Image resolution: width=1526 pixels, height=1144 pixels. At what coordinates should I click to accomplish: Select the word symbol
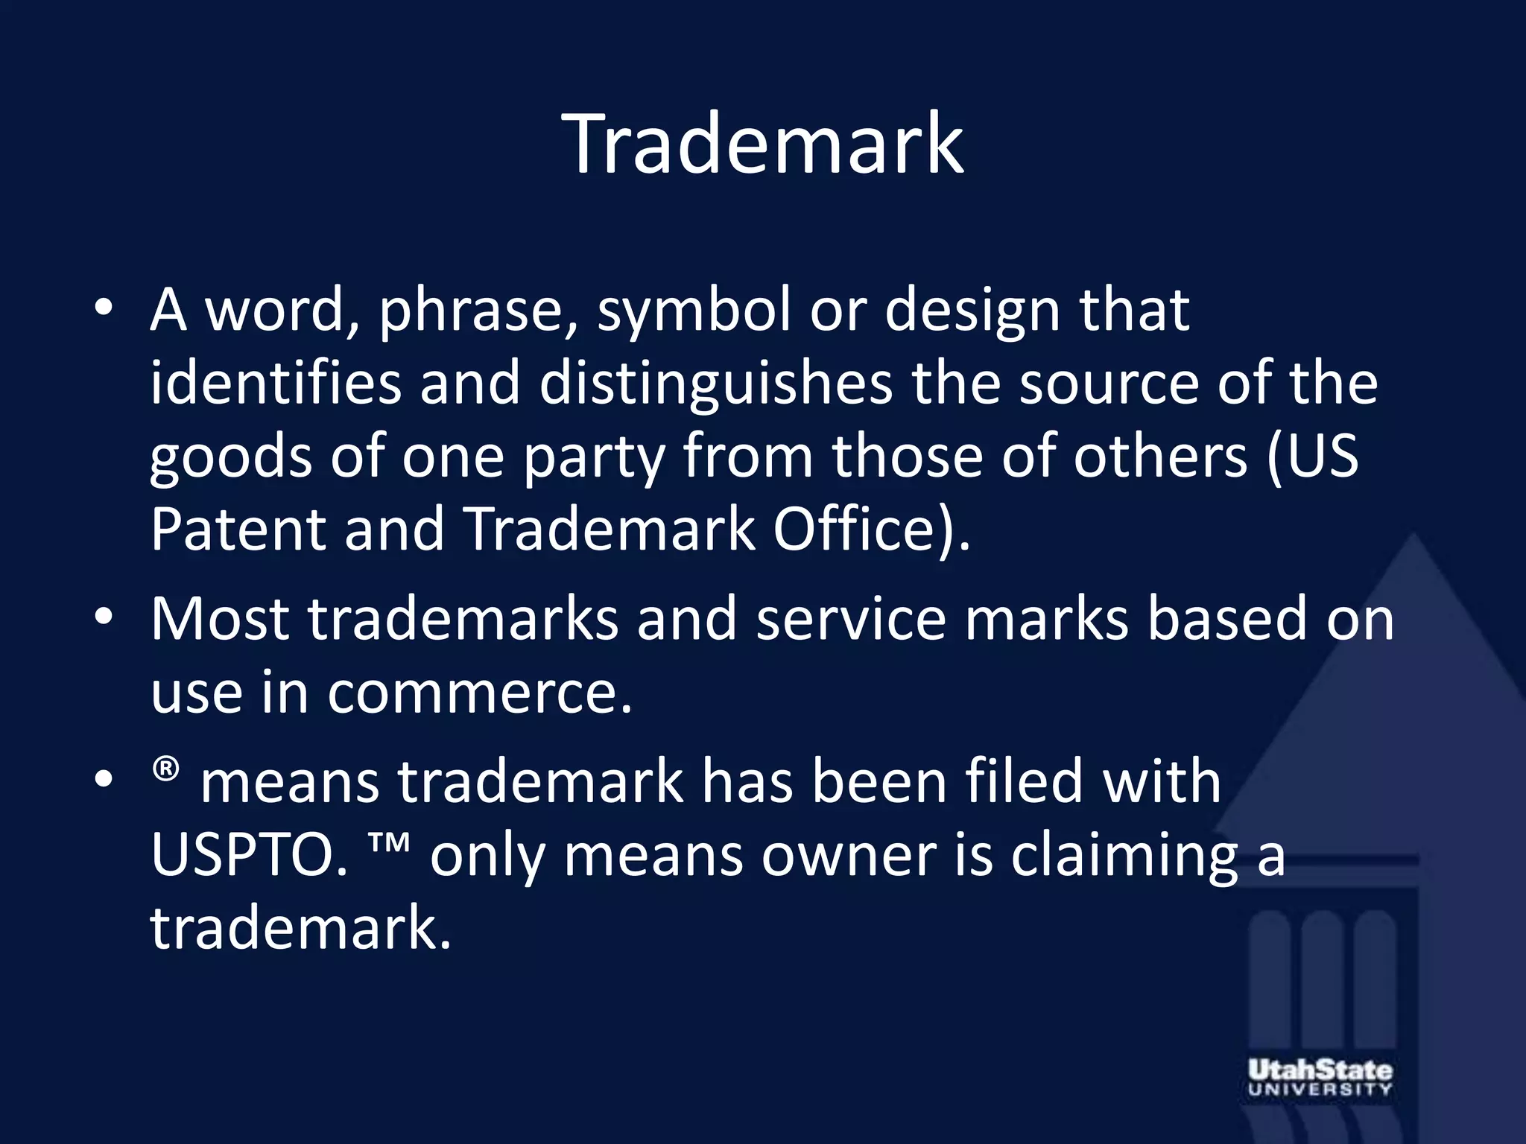point(694,311)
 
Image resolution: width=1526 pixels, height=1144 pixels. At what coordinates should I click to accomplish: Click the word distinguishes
point(716,384)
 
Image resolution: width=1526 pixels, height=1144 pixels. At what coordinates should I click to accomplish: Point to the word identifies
point(276,384)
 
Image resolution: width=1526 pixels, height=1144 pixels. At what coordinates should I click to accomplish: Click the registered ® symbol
point(166,769)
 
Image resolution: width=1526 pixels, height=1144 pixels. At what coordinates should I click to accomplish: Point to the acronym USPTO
point(249,856)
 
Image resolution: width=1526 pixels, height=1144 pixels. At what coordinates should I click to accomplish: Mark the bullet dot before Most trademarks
point(104,617)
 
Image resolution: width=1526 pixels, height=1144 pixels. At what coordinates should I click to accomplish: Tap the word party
point(593,457)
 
